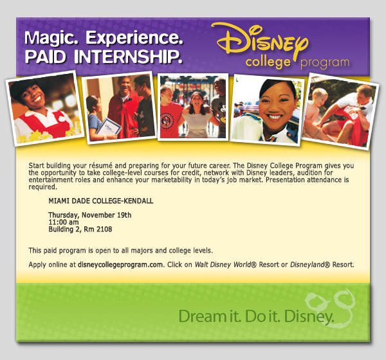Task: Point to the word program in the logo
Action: click(x=324, y=63)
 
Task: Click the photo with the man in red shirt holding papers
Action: click(x=120, y=107)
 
